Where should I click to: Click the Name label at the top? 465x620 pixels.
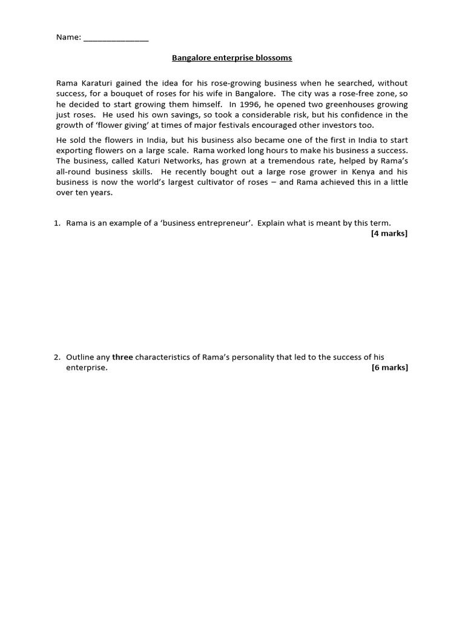click(68, 38)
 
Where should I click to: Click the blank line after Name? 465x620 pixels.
click(116, 39)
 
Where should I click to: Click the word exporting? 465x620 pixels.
click(76, 150)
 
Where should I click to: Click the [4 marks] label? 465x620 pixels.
click(389, 234)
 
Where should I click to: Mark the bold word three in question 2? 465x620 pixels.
click(122, 357)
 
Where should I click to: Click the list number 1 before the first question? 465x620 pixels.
click(57, 223)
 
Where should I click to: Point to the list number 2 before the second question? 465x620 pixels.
click(57, 357)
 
